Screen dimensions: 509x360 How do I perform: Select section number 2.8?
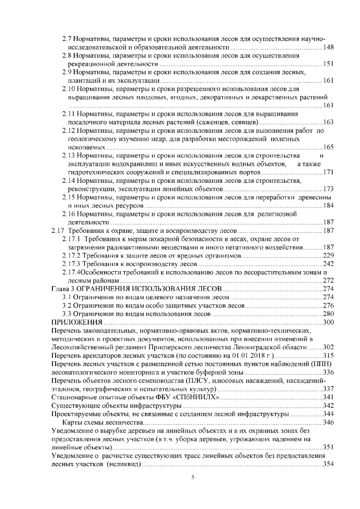pos(67,55)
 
